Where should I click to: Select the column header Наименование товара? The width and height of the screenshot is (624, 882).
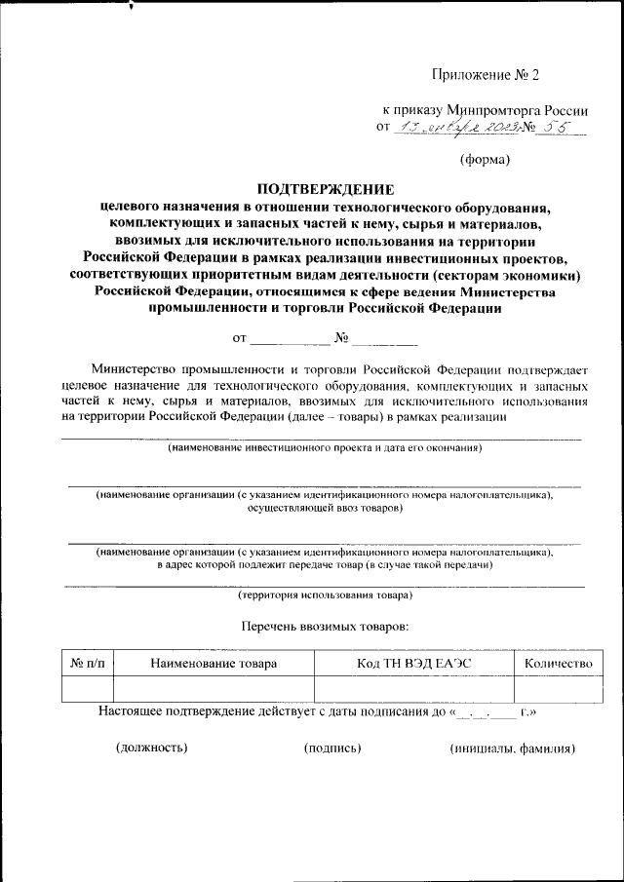(214, 663)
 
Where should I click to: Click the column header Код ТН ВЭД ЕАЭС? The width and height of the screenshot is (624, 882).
(413, 663)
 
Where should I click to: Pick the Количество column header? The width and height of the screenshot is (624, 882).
(558, 663)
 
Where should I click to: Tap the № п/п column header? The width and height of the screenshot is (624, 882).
(87, 663)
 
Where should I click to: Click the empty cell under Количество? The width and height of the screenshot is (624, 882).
(558, 689)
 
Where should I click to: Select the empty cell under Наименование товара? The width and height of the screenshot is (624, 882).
(214, 689)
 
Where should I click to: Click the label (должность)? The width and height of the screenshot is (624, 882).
(151, 748)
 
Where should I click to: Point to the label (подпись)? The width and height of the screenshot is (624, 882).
(332, 748)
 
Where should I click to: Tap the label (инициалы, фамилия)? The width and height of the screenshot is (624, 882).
(512, 748)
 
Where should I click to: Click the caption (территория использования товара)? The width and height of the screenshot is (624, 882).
(325, 594)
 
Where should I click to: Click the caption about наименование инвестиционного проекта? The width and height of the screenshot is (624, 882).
(324, 448)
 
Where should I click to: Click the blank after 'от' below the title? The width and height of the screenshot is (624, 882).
(291, 340)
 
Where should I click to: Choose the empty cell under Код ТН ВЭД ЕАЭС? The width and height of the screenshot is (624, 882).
(413, 689)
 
